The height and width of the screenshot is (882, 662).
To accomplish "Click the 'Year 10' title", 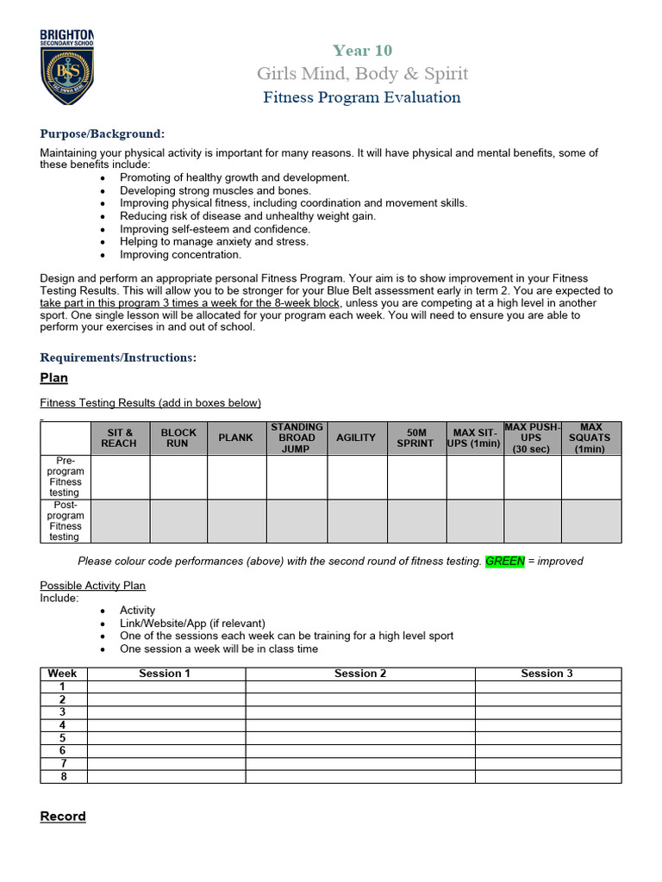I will [x=362, y=51].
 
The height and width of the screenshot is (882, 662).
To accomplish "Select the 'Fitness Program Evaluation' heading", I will [x=362, y=97].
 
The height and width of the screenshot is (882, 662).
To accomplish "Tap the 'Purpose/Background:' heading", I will [x=102, y=134].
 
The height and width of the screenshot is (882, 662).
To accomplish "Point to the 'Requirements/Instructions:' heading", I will [x=118, y=357].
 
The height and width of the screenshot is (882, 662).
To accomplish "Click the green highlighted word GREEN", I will [x=505, y=561].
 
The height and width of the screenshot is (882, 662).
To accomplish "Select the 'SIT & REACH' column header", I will [x=119, y=438].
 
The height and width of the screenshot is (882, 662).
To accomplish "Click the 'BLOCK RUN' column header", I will [x=178, y=438].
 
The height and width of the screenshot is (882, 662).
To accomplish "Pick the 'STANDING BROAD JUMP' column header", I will [x=297, y=438].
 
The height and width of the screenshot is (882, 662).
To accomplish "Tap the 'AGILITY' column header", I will [x=356, y=438].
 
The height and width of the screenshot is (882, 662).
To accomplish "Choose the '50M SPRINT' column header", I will [x=415, y=438].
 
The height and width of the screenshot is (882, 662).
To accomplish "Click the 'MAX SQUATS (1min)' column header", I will [x=590, y=438].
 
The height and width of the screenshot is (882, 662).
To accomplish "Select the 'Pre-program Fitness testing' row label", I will [x=66, y=477].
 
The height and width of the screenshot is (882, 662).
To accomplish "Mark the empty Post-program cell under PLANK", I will [x=236, y=521].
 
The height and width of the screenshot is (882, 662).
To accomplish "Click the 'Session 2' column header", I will [x=360, y=674].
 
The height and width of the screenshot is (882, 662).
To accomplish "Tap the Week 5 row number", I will [x=63, y=738].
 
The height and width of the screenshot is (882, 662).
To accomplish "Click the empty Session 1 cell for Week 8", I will [x=165, y=777].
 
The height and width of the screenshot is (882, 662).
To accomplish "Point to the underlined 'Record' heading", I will [x=63, y=817].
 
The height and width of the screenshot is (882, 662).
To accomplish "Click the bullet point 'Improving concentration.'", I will [x=180, y=255].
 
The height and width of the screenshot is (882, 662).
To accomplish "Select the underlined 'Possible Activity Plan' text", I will [x=93, y=586].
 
